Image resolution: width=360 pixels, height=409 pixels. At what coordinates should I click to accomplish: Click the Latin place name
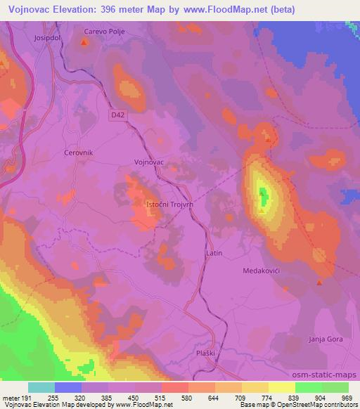click(214, 252)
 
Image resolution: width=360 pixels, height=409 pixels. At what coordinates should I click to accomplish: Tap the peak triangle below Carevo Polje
click(84, 42)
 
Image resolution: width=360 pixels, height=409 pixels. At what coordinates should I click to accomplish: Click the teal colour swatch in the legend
click(41, 387)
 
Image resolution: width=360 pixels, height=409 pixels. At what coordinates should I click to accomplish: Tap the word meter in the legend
click(12, 398)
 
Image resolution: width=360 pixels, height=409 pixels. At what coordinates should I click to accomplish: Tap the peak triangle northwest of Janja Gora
click(319, 283)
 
